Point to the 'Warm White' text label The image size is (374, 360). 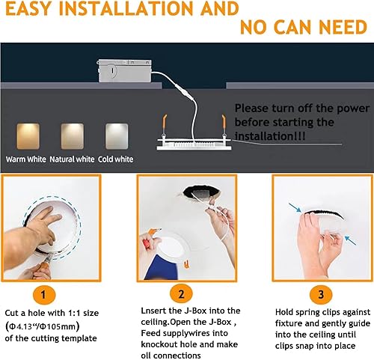click(27, 159)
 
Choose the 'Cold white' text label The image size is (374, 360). click(113, 159)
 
